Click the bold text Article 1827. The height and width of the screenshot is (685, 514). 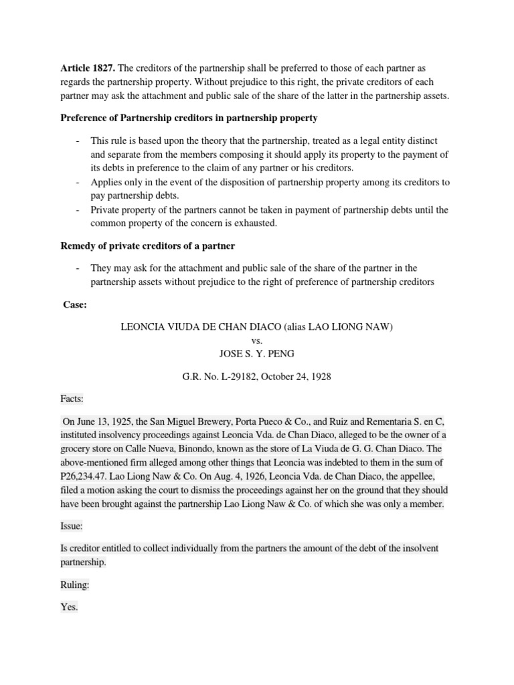coord(88,69)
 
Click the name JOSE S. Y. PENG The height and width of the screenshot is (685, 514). coord(257,354)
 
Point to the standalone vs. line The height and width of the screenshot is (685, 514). coord(257,340)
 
